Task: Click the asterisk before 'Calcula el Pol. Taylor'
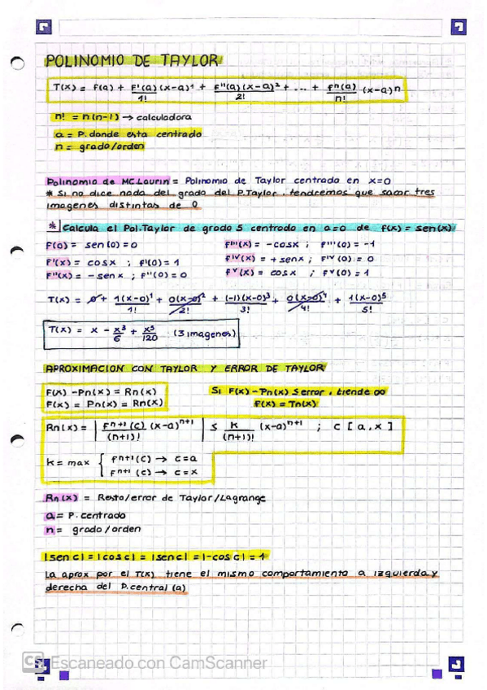click(x=52, y=227)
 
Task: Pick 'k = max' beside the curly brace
click(x=68, y=463)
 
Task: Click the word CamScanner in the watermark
click(x=218, y=663)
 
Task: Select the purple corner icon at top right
click(x=459, y=27)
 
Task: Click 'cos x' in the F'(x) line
click(x=102, y=263)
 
